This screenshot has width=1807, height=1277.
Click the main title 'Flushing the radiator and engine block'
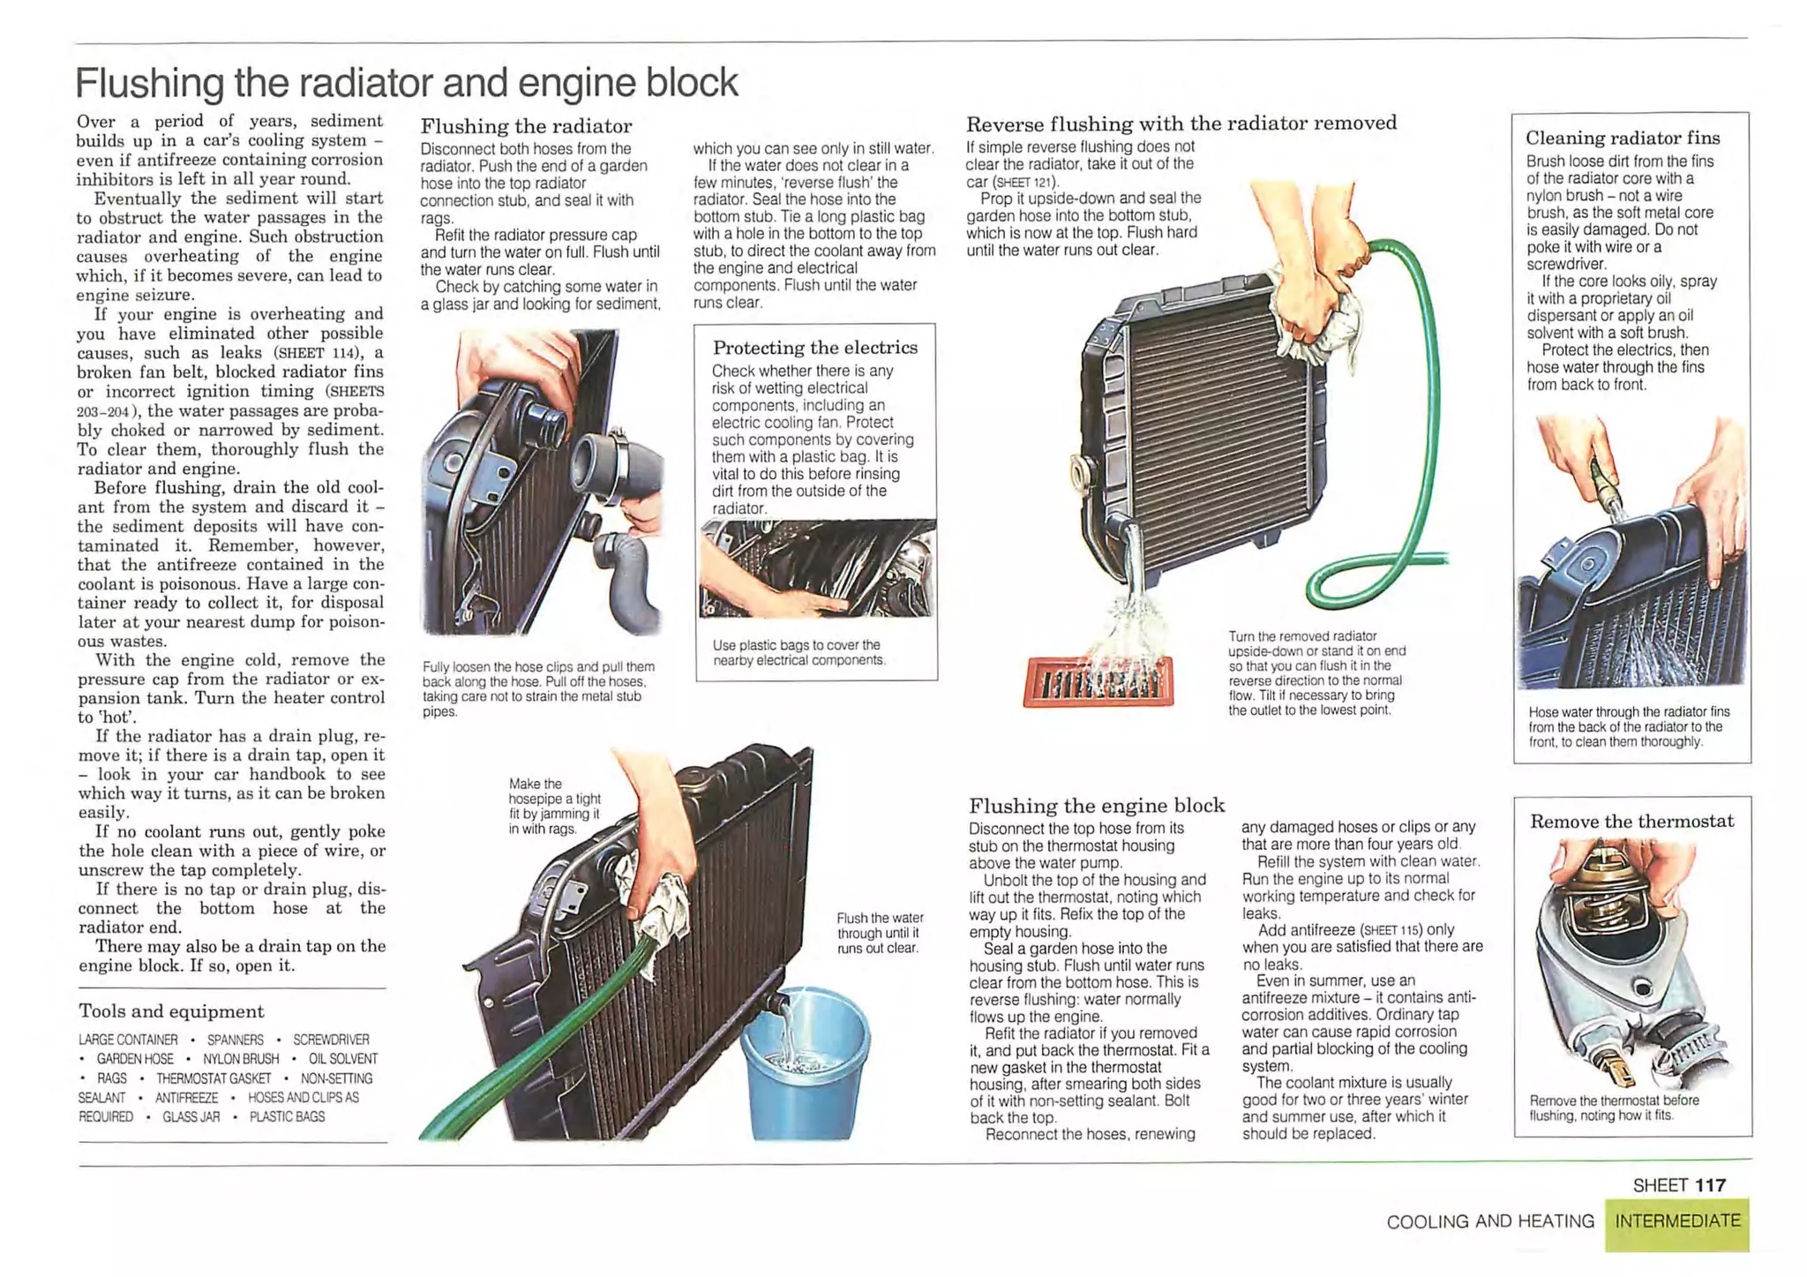point(407,83)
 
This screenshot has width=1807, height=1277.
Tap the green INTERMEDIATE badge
point(1677,1222)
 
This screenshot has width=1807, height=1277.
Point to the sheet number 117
point(1710,1185)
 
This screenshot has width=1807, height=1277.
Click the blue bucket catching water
point(805,1063)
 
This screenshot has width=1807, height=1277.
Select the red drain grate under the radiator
point(1098,682)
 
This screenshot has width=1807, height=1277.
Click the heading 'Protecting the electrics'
point(815,348)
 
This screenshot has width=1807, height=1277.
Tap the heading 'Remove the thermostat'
point(1632,822)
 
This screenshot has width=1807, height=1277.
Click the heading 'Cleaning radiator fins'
point(1623,138)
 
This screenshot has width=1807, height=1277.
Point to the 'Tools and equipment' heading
point(171,1011)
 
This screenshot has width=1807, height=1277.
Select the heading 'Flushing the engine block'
point(1097,806)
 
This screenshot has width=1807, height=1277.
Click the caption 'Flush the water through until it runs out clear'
point(881,933)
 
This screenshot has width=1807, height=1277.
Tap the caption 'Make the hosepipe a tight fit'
point(554,806)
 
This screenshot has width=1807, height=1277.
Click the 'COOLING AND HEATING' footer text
point(1490,1221)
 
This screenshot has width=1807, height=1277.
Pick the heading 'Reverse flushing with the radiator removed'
point(1181,124)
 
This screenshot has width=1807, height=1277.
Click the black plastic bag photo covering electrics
point(817,568)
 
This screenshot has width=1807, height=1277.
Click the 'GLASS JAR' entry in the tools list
point(191,1116)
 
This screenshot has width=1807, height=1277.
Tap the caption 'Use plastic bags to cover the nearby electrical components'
point(799,652)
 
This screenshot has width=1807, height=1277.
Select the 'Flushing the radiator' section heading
point(526,126)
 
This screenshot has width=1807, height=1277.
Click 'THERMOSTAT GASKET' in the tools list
point(214,1078)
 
